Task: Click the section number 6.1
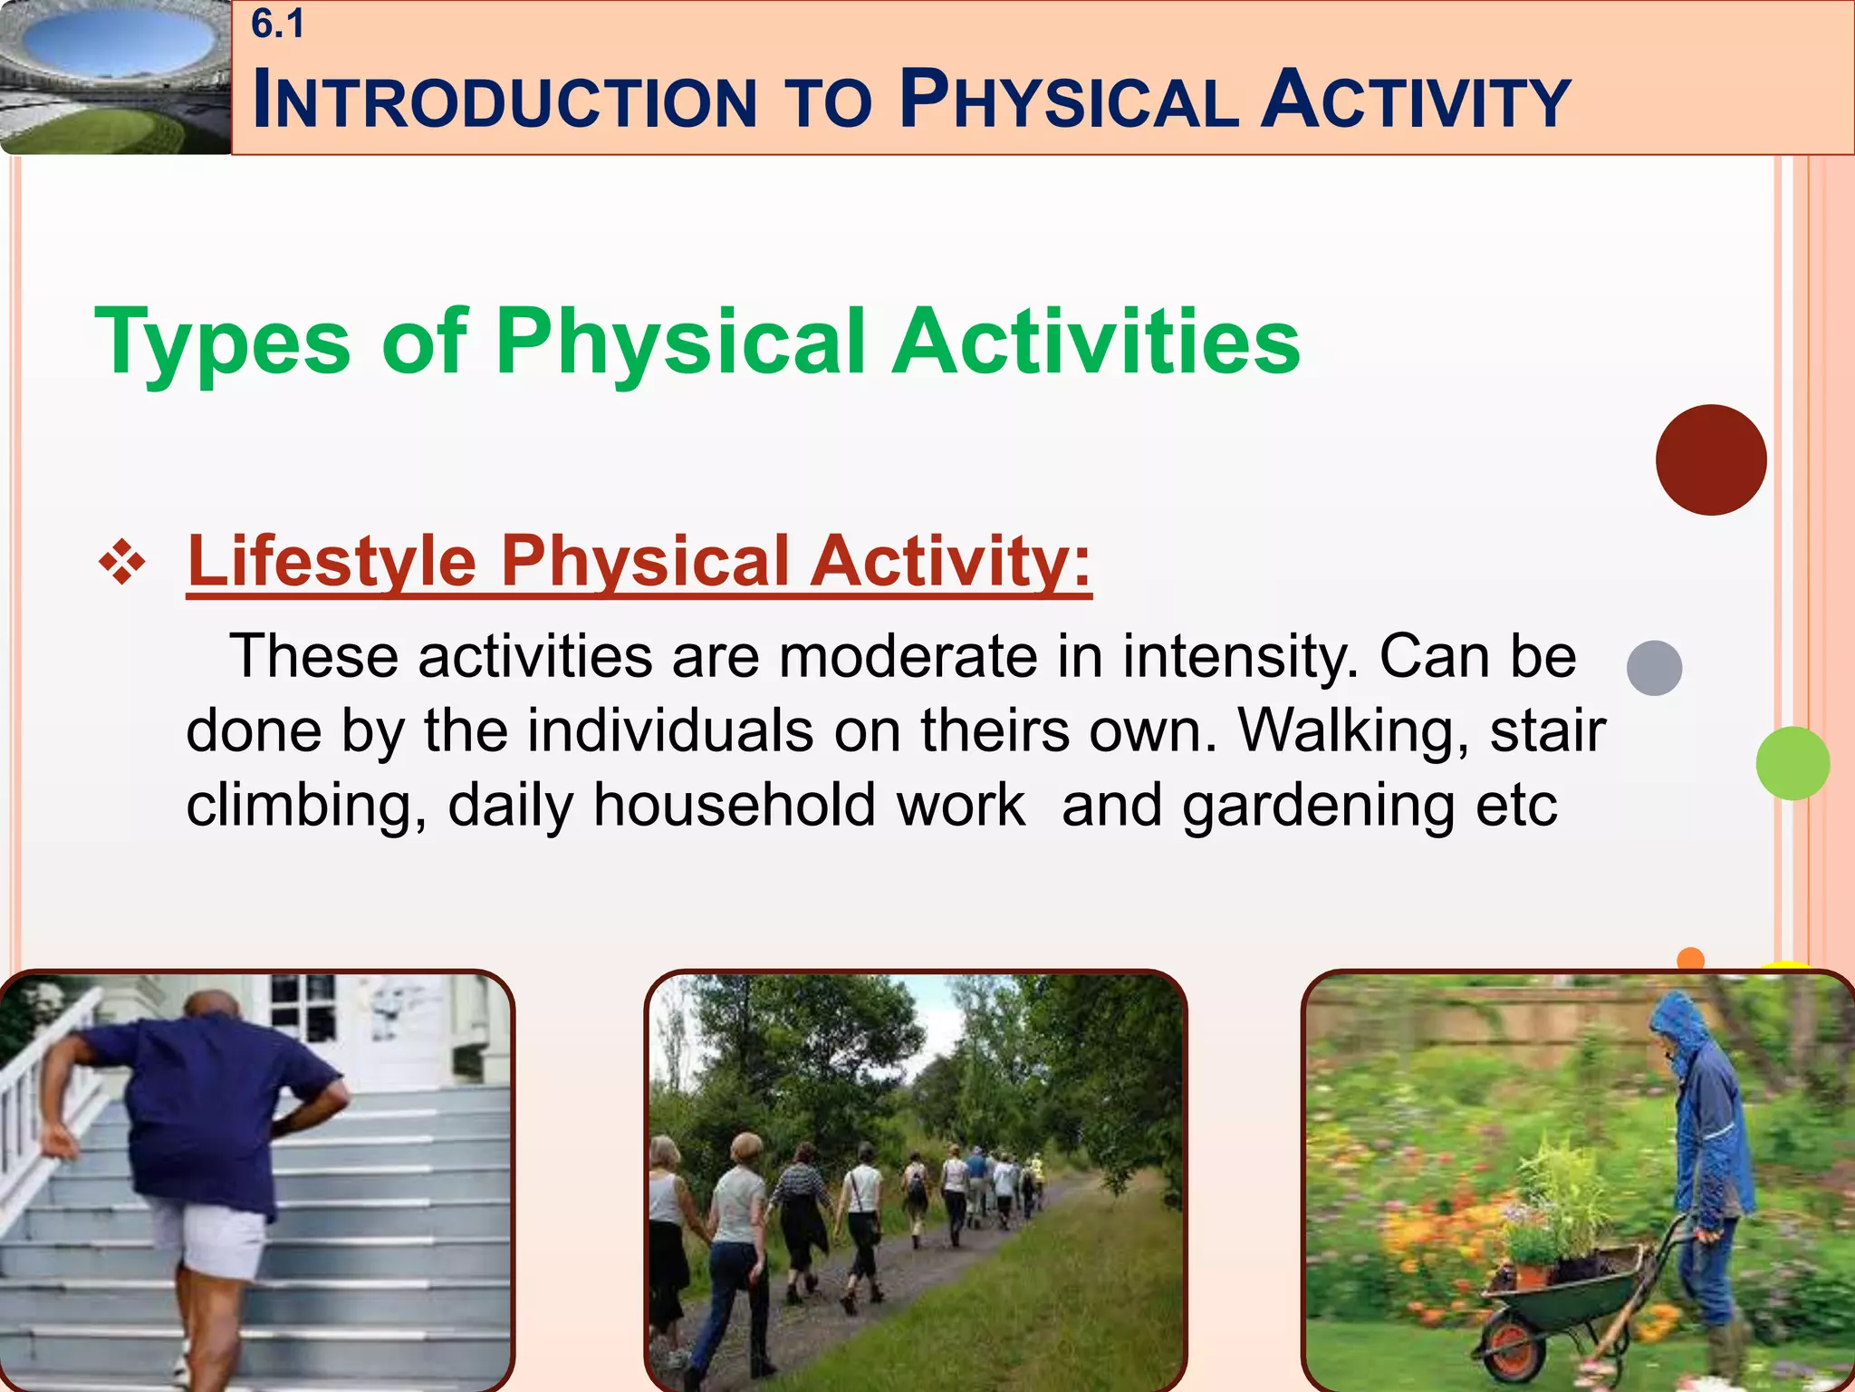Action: point(277,24)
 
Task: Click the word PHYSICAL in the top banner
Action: point(1069,100)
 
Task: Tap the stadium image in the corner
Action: point(115,77)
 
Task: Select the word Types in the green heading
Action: point(222,343)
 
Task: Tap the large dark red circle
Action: point(1710,460)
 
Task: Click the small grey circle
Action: point(1654,668)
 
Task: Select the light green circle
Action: point(1792,763)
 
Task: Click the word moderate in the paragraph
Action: point(908,656)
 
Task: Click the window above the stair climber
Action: point(303,1006)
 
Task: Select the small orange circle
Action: point(1690,959)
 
